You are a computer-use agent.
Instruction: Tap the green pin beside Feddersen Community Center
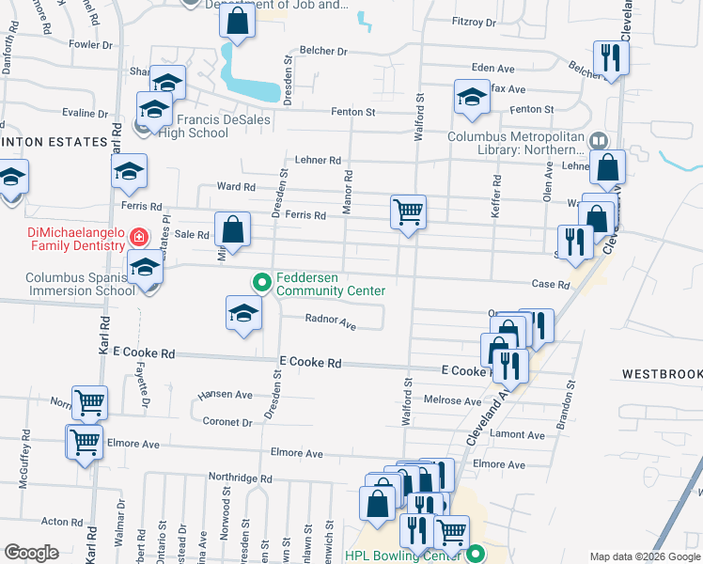pos(261,280)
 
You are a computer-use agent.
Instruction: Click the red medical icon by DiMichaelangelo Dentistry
pos(139,236)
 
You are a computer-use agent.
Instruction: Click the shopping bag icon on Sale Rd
pos(233,228)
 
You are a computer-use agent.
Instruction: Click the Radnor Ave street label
pos(330,321)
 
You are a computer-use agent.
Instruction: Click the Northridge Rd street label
pos(240,478)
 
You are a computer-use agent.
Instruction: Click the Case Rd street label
pos(551,284)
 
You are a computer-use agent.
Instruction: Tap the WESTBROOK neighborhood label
pos(662,374)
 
